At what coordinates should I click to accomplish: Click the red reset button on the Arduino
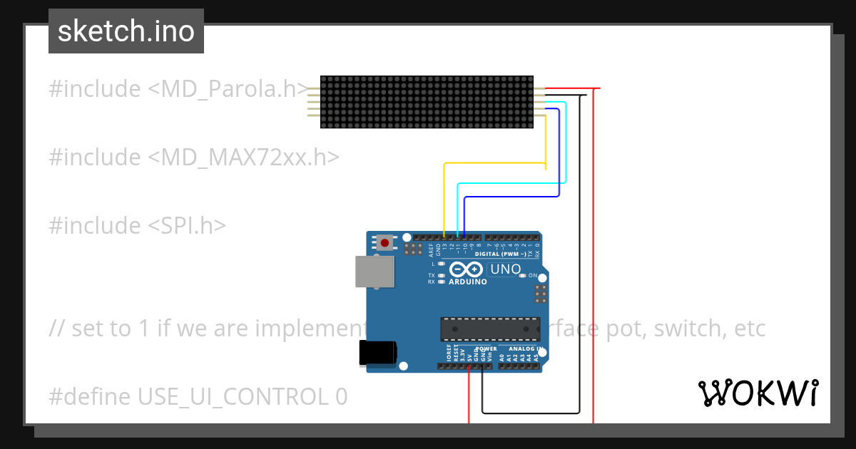click(385, 243)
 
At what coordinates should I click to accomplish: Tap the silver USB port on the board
click(374, 272)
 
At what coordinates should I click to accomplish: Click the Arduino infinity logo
click(466, 269)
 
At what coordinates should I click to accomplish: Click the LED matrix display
click(427, 102)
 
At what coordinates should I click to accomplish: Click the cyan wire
click(510, 183)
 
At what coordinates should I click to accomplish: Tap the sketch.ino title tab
click(126, 31)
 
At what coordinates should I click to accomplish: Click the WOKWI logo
click(758, 393)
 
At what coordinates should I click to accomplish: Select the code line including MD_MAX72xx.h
click(193, 157)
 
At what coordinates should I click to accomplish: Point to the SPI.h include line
click(137, 225)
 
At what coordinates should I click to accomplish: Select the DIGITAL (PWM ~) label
click(501, 254)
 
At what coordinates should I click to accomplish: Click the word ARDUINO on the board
click(467, 282)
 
